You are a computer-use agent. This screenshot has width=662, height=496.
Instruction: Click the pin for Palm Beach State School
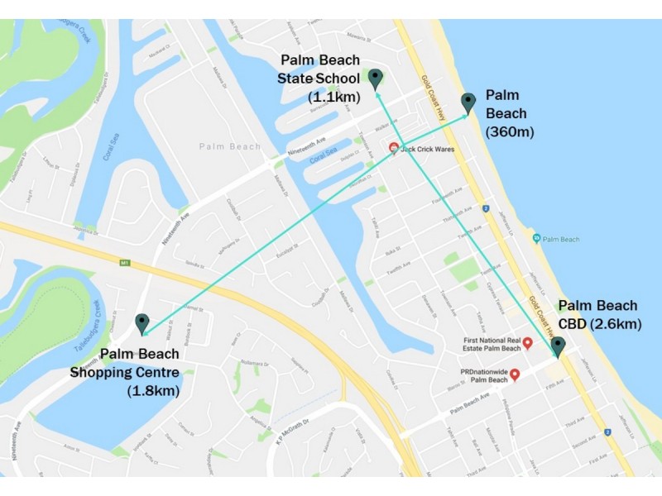pos(376,79)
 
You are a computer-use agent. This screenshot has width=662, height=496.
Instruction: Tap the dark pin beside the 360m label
pos(468,103)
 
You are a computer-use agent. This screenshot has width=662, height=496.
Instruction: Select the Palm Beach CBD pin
pos(559,346)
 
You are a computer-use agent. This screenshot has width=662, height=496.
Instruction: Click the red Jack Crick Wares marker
pos(394,149)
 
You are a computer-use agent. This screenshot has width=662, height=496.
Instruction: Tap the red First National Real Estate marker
pos(527,342)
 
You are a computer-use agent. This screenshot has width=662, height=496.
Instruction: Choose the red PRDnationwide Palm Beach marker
pos(515,374)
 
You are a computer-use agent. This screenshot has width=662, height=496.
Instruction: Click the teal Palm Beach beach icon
pos(537,239)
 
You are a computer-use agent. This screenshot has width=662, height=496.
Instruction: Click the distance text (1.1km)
pos(334,97)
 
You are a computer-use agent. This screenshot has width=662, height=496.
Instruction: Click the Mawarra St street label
pos(357,36)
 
